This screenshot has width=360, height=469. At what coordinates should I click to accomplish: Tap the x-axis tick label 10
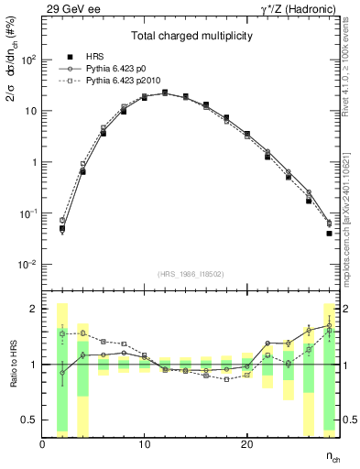pos(144,444)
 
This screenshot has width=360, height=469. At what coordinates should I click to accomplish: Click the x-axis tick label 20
pos(246,444)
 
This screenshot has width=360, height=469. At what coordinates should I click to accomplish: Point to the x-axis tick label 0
pos(42,444)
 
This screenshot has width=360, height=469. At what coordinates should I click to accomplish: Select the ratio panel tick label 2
pos(32,309)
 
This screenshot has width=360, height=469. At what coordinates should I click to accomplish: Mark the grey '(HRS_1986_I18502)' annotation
pos(190,273)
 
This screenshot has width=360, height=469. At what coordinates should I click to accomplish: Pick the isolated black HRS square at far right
pos(329,234)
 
